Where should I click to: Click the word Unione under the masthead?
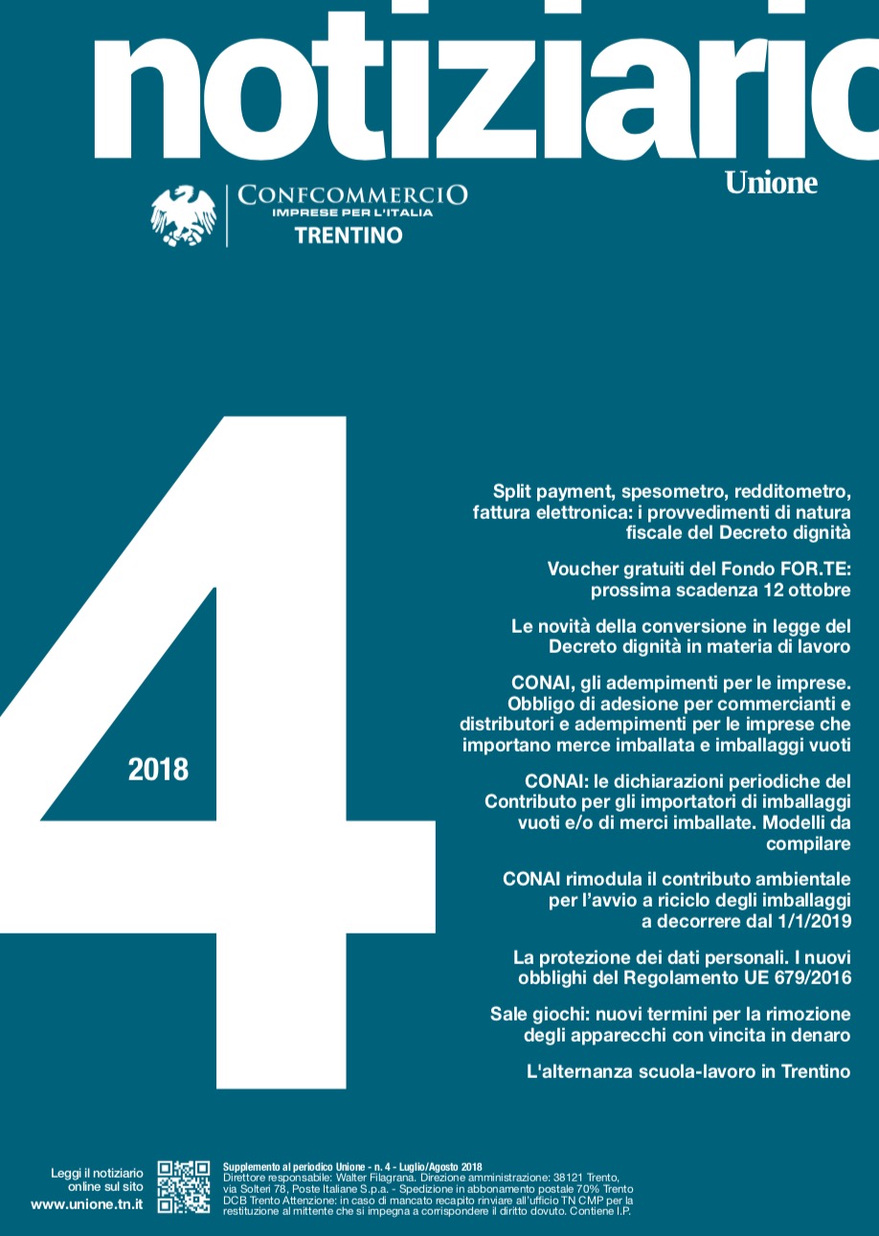771,182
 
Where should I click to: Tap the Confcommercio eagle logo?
183,215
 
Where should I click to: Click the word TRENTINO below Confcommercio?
349,236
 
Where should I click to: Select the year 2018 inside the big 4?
158,769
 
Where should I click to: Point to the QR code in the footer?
184,1187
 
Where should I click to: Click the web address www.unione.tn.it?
87,1204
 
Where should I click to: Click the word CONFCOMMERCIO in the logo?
352,195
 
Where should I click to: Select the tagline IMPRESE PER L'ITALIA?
352,213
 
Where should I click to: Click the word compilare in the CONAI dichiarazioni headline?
808,843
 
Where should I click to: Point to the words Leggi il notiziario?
97,1173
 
